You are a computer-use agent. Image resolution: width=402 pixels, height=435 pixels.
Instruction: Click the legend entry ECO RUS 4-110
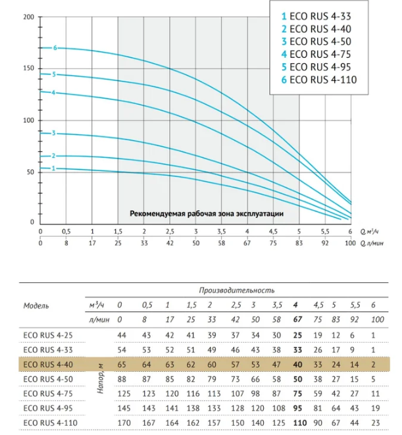click(x=319, y=80)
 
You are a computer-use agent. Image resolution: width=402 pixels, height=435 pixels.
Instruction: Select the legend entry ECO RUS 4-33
click(x=316, y=16)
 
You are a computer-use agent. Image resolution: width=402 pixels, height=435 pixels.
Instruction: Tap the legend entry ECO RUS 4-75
click(x=316, y=55)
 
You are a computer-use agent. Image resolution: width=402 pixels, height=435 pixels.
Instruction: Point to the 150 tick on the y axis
click(x=28, y=68)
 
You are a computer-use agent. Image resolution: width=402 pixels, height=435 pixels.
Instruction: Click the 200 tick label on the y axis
click(x=28, y=17)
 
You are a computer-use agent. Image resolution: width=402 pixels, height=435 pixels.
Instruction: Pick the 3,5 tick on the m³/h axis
click(x=221, y=232)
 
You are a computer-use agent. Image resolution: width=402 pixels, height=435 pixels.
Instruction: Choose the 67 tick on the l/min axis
click(x=247, y=243)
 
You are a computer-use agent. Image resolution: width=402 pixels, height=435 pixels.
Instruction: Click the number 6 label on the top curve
click(x=55, y=48)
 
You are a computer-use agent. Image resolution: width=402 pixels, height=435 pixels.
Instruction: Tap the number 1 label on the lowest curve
click(x=53, y=168)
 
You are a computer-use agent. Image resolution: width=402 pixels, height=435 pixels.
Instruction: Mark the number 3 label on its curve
click(x=54, y=133)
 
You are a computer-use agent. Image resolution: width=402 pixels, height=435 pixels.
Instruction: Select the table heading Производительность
click(x=237, y=290)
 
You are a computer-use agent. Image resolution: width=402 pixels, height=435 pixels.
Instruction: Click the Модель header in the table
click(x=36, y=306)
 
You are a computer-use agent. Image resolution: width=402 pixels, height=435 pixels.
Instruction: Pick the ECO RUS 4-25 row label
click(x=48, y=336)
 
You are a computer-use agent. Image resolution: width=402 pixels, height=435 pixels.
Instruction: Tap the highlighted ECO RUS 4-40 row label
click(x=48, y=365)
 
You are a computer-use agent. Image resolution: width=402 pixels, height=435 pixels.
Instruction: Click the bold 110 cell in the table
click(x=300, y=423)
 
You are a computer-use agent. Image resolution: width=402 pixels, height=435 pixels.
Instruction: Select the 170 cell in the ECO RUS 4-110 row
click(x=124, y=423)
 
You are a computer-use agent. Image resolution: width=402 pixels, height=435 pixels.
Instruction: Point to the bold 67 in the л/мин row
click(x=297, y=320)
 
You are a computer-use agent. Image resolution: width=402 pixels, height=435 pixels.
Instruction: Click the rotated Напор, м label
click(x=100, y=379)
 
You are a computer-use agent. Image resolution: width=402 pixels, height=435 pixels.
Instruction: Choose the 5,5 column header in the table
click(x=355, y=305)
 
